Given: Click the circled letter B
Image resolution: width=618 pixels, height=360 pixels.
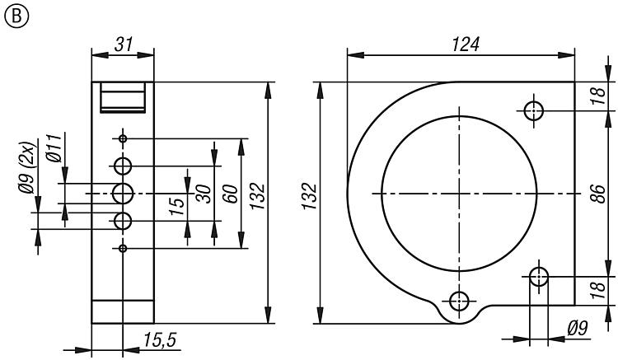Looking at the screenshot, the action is pyautogui.click(x=16, y=16).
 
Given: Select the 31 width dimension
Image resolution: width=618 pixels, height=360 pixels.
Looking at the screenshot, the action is pyautogui.click(x=124, y=44).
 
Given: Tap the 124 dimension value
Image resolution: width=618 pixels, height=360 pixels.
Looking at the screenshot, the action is pyautogui.click(x=466, y=44).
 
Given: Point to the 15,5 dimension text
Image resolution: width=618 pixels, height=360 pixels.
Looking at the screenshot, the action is pyautogui.click(x=159, y=340).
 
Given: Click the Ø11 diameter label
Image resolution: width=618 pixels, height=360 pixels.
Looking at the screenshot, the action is pyautogui.click(x=54, y=147).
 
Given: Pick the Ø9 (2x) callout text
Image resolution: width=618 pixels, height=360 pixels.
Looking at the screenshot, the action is pyautogui.click(x=27, y=168).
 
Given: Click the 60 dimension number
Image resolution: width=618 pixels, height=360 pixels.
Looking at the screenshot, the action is pyautogui.click(x=232, y=194).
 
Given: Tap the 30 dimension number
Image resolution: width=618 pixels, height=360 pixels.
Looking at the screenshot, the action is pyautogui.click(x=204, y=194).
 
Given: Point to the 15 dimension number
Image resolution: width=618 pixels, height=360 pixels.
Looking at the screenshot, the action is pyautogui.click(x=178, y=206).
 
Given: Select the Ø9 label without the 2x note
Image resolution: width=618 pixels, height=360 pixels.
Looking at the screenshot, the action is pyautogui.click(x=578, y=328).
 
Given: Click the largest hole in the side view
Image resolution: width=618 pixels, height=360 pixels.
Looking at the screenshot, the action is pyautogui.click(x=123, y=194).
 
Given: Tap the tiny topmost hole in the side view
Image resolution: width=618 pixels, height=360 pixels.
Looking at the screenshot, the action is pyautogui.click(x=123, y=138).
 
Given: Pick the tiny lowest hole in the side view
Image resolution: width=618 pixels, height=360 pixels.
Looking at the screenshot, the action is pyautogui.click(x=123, y=248).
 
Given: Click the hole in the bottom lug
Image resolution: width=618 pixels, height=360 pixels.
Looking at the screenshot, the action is pyautogui.click(x=459, y=302).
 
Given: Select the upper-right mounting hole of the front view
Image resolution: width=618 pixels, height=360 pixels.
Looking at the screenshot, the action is pyautogui.click(x=534, y=110).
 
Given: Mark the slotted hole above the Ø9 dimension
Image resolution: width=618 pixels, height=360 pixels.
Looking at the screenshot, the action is pyautogui.click(x=539, y=277).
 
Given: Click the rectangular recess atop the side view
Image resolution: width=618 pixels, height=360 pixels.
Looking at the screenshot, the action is pyautogui.click(x=123, y=97).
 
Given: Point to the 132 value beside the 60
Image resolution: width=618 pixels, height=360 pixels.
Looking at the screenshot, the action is pyautogui.click(x=258, y=196).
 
